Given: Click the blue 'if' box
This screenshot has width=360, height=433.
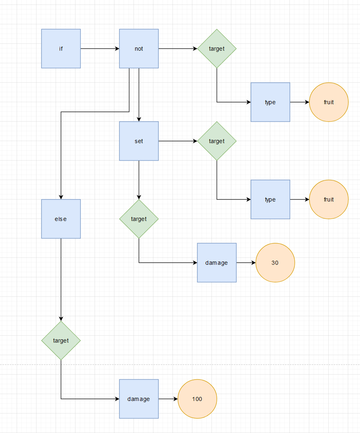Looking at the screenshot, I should coord(61,49).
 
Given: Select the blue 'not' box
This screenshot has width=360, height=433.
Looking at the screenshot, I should coord(139,49).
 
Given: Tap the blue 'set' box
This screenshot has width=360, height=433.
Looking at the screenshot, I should coord(139,141).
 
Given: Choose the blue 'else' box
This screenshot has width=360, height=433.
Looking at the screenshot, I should coord(61,219).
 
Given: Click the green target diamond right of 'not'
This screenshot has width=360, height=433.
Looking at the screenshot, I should coord(217,49).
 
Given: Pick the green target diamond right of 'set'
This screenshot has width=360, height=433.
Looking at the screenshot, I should coord(217,141).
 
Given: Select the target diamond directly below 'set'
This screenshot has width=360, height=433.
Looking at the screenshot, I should coord(139,219).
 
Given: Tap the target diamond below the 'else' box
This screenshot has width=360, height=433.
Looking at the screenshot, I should coord(61,341).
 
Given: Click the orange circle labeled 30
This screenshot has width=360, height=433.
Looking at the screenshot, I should coord(275,263).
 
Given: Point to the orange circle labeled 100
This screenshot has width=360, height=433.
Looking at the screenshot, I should coord(197,399).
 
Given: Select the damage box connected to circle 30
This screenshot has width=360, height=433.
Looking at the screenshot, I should coord(217,263).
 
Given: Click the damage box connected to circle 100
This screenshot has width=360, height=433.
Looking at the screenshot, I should coord(139,399).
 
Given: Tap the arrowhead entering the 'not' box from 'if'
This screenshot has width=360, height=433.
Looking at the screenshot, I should coord(117,49).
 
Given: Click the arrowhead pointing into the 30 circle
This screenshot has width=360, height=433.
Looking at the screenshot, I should coord(253,263).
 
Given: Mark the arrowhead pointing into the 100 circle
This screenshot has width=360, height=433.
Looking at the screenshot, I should coord(175,399).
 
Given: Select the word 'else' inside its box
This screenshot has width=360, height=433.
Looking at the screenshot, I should coord(60,219).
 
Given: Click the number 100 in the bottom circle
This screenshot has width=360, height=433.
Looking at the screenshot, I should coord(197,399).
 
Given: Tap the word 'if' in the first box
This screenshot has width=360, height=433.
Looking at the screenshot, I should coord(61,49).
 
